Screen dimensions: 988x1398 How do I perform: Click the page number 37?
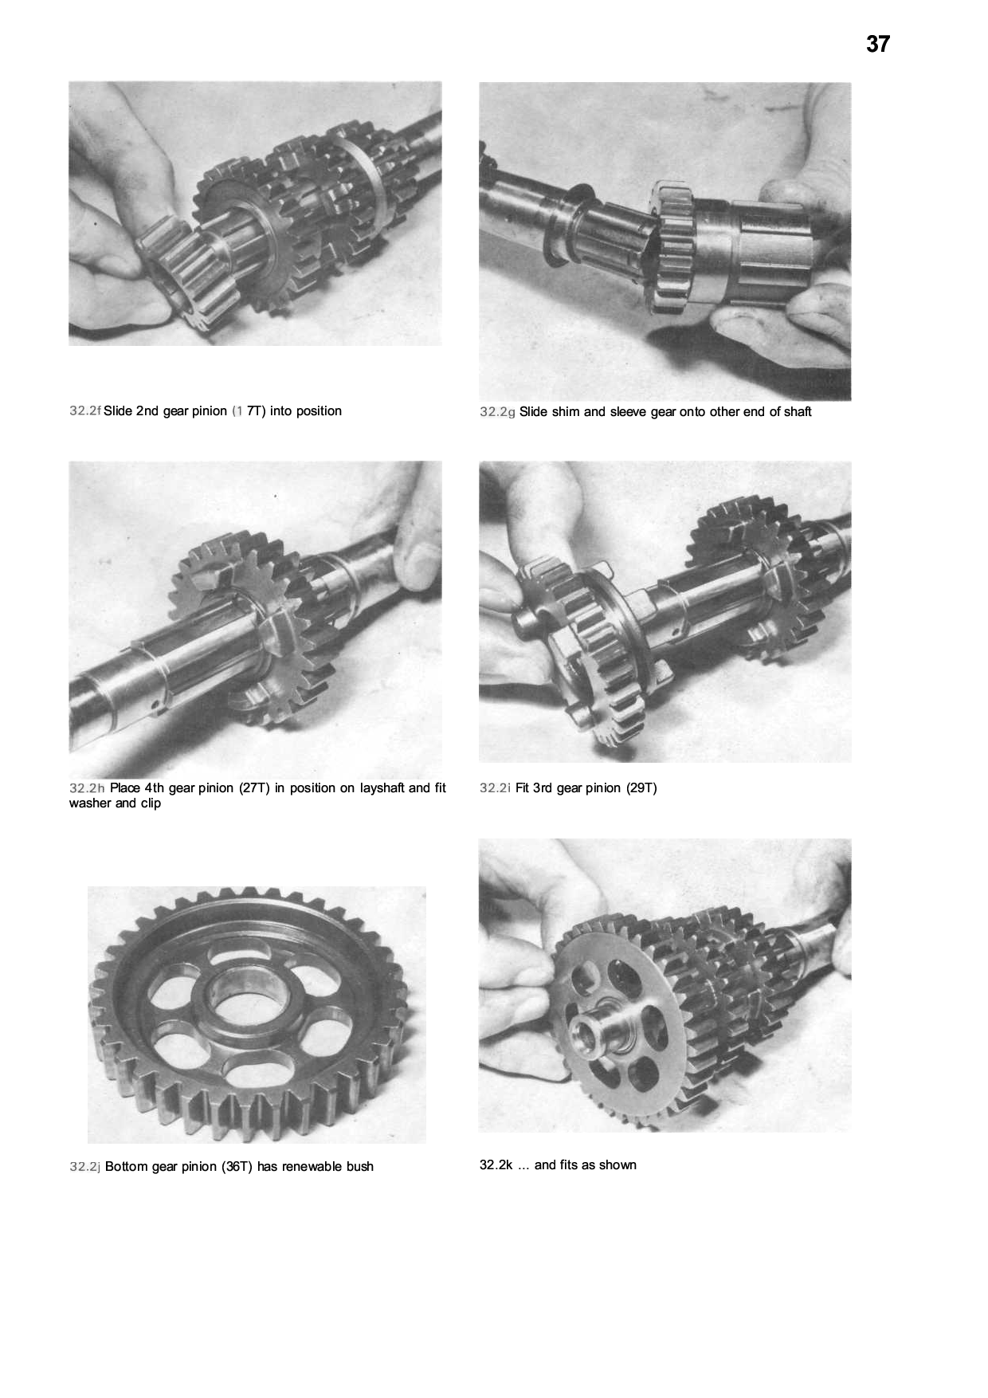pos(877,44)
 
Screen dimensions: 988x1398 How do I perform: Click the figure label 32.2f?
pos(85,411)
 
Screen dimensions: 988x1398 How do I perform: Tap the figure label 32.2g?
pos(497,412)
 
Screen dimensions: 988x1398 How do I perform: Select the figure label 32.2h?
pos(87,788)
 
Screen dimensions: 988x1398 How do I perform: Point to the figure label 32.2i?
pos(495,788)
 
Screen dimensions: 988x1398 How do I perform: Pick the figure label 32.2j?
pos(84,1167)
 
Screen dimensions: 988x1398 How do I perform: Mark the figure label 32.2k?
pos(495,1165)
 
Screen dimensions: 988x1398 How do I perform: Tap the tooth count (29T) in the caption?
pos(640,788)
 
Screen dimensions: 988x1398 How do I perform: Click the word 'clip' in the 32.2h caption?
pos(151,803)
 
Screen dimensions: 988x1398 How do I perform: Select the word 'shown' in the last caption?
pos(618,1165)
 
